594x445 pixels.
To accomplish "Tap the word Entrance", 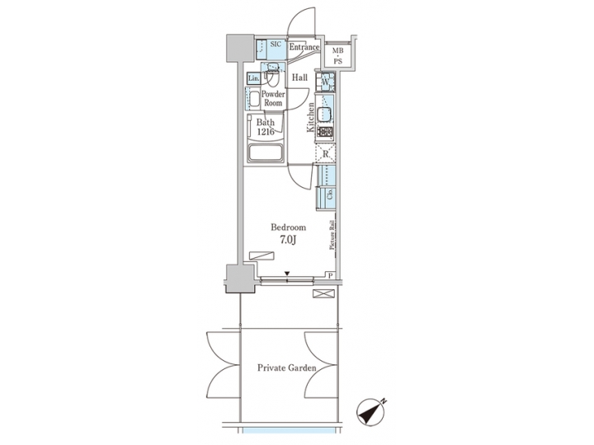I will click(x=304, y=48).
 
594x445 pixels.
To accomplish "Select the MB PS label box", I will click(x=338, y=55).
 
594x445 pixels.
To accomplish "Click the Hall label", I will click(x=299, y=78).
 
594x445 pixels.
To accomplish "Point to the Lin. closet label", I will click(x=253, y=78).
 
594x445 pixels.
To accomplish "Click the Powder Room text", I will click(x=273, y=99).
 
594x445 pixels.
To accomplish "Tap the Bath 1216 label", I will click(x=266, y=128).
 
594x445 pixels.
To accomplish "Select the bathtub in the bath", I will click(x=266, y=153).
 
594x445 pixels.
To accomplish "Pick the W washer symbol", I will click(x=326, y=82).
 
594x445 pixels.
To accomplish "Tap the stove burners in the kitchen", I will click(x=326, y=132).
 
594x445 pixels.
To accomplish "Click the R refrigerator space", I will click(x=326, y=153).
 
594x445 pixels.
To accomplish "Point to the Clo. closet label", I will click(x=330, y=195).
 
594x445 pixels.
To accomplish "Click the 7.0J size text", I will click(x=289, y=241).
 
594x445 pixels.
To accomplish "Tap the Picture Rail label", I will click(x=332, y=235).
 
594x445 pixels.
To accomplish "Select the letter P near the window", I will click(x=330, y=276).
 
